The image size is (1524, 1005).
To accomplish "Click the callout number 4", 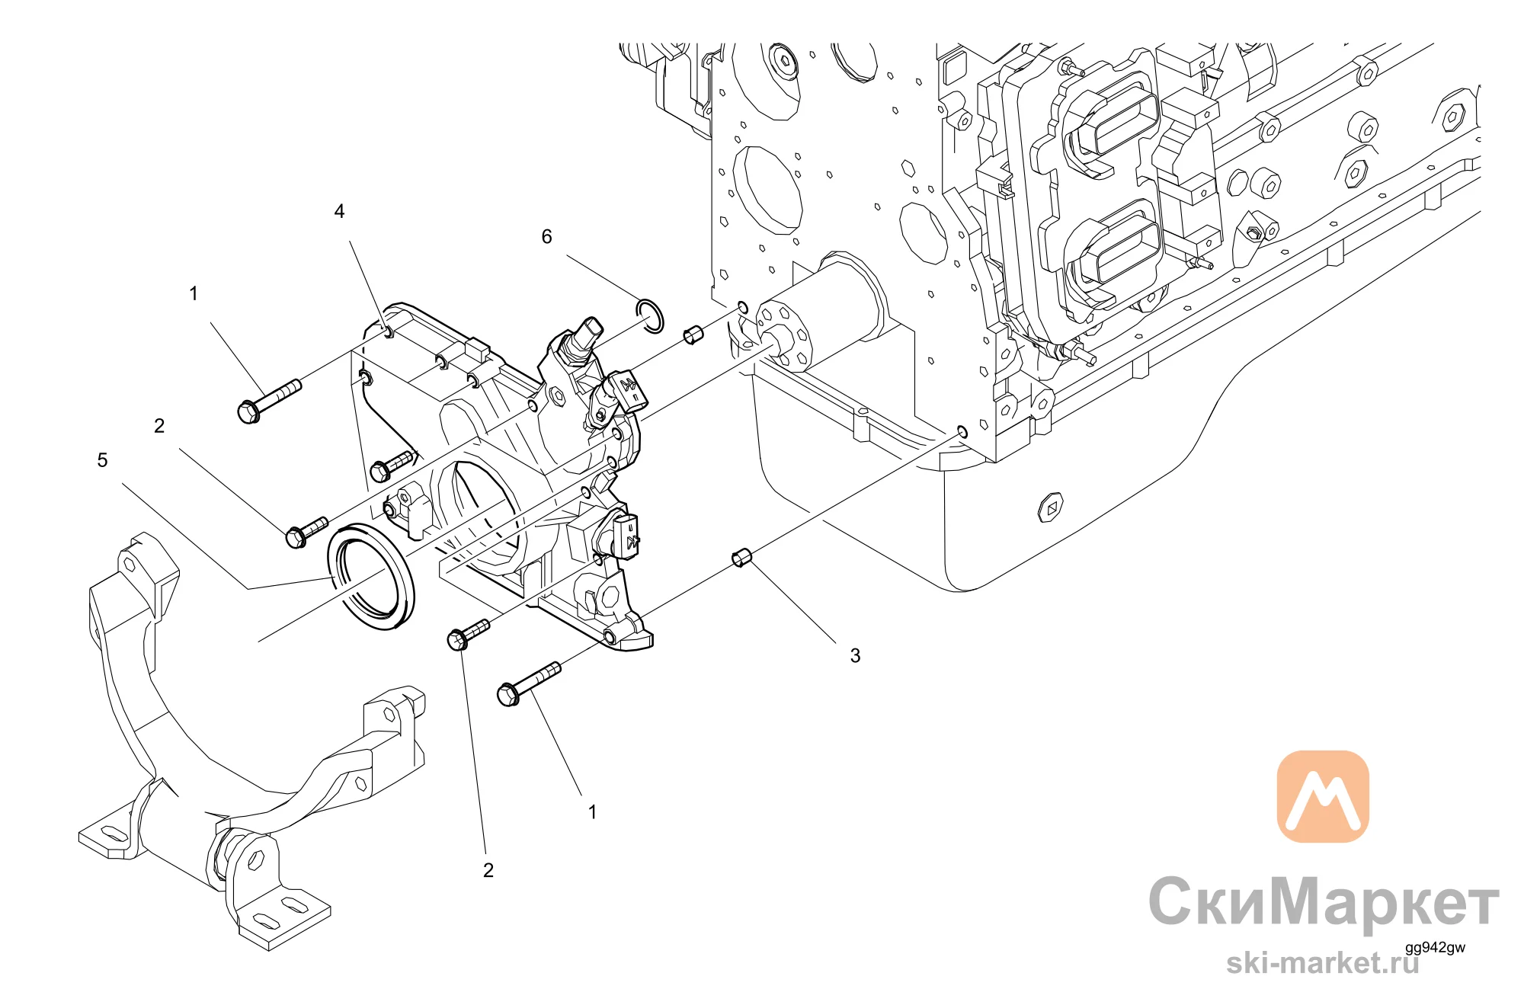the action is click(339, 211).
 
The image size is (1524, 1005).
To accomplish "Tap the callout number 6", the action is click(546, 237).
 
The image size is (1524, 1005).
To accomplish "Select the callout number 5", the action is click(102, 460).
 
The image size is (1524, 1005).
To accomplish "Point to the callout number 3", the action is click(855, 655).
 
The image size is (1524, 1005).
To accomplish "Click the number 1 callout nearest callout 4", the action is click(194, 293).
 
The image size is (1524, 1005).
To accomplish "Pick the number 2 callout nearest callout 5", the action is click(159, 426).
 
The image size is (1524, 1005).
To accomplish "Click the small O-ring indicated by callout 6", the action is click(649, 316).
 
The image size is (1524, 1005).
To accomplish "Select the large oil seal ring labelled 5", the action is click(371, 576).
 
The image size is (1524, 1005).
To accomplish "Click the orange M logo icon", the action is click(1322, 796).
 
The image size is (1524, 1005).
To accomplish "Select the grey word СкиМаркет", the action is click(1324, 902).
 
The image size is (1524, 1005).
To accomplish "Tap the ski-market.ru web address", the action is click(1323, 962).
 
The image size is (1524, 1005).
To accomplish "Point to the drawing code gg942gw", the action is click(1435, 948).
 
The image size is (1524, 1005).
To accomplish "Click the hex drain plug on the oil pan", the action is click(1051, 507).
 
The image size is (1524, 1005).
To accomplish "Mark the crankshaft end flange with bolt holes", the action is click(782, 335).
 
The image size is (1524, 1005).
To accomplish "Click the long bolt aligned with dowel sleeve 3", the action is click(528, 684).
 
